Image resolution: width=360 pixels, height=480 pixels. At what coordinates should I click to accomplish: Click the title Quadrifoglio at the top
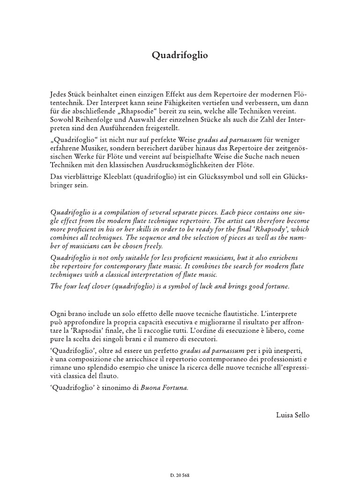click(x=180, y=55)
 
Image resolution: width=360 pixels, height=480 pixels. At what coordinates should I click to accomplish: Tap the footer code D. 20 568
click(x=180, y=475)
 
